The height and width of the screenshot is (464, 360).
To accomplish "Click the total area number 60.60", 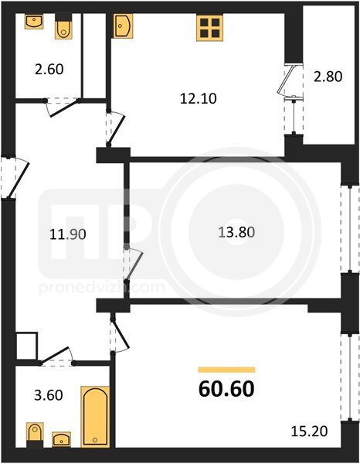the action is (x=226, y=388).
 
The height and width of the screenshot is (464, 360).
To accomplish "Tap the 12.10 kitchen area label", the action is (x=199, y=98).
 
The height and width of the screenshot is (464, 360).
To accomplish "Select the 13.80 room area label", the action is (x=236, y=232).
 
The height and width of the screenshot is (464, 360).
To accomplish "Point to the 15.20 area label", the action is (x=309, y=432).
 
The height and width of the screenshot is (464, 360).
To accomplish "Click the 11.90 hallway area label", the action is (x=68, y=234).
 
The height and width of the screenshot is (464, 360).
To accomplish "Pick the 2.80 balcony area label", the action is (x=328, y=77).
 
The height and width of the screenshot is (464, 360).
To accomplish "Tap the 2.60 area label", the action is (x=49, y=70).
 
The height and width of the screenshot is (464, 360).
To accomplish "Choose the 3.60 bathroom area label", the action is (x=49, y=395).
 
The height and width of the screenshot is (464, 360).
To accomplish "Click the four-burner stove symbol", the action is (x=209, y=28).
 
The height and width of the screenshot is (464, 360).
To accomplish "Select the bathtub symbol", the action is (x=95, y=416).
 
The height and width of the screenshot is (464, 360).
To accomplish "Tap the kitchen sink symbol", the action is (x=123, y=26).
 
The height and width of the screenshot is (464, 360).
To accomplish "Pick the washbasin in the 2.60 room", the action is (x=34, y=22).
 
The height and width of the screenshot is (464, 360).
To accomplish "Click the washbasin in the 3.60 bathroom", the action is (x=62, y=439).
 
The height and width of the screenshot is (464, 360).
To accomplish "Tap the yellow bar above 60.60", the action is (x=226, y=370).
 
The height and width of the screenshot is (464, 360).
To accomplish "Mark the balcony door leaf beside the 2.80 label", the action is (x=286, y=80).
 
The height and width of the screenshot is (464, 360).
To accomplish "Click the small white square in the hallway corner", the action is (x=26, y=346).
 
